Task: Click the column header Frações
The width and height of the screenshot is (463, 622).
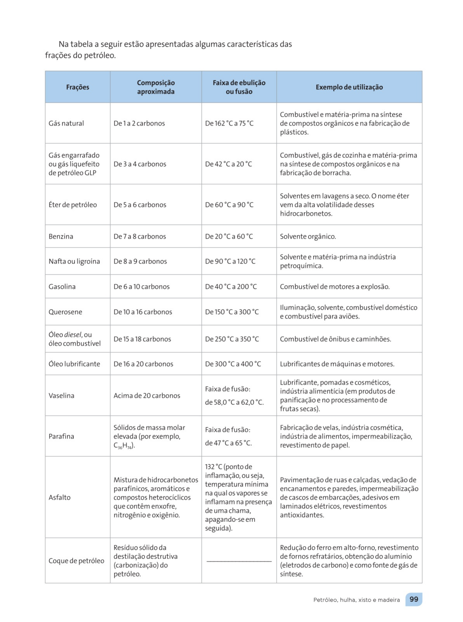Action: [x=78, y=87]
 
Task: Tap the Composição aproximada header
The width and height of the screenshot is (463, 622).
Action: [x=156, y=87]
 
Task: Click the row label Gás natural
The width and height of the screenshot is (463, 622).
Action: [x=66, y=123]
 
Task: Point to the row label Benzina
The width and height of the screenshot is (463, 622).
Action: [x=61, y=236]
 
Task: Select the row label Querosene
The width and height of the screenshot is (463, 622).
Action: [x=65, y=312]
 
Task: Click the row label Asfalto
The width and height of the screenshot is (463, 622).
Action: [x=59, y=497]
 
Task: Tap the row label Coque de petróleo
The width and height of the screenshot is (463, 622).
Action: [x=76, y=561]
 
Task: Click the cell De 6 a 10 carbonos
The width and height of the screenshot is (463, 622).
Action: [x=141, y=287]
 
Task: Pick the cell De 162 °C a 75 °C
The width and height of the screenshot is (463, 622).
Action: [x=229, y=123]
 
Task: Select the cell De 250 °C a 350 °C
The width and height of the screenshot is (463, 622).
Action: [x=232, y=339]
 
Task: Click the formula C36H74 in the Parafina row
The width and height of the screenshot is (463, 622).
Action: [x=124, y=446]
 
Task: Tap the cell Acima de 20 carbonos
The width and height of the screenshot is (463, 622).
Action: [x=147, y=396]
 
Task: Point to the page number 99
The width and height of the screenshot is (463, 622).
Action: [x=414, y=599]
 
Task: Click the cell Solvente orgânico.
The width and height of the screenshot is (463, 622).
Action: [x=308, y=236]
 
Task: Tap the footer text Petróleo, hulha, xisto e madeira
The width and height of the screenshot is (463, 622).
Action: [x=356, y=600]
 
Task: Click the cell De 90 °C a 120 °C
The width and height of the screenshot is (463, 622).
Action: [x=230, y=261]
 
